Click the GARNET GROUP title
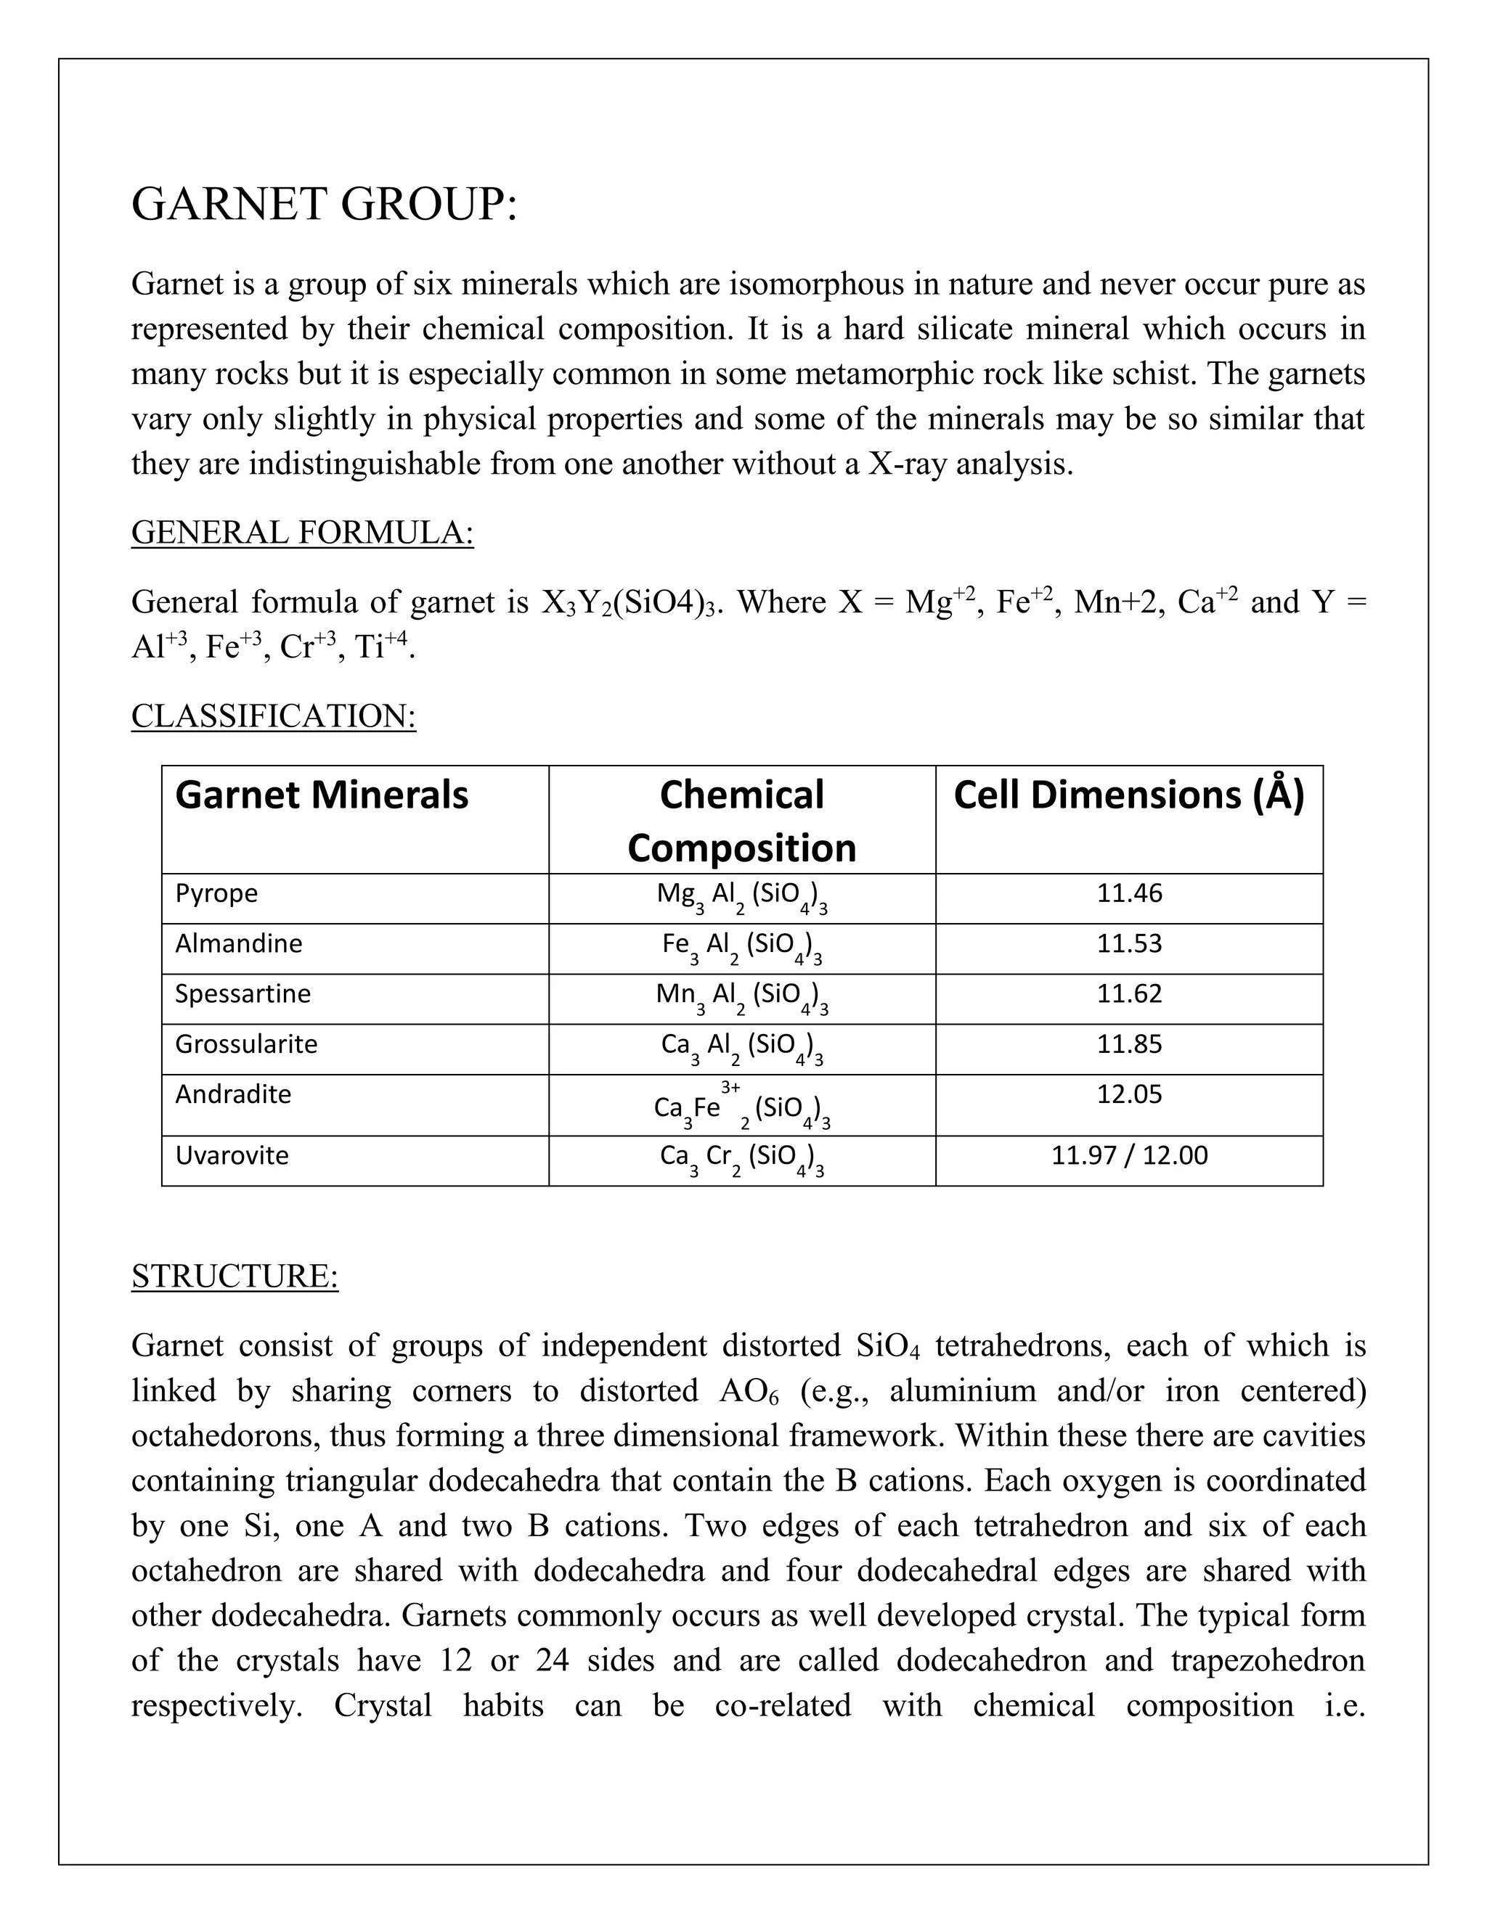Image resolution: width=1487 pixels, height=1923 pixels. (x=324, y=205)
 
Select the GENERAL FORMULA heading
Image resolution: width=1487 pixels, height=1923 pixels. (x=302, y=533)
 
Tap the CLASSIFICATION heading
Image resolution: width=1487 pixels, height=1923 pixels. (x=273, y=716)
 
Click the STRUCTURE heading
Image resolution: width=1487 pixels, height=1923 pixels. (x=235, y=1276)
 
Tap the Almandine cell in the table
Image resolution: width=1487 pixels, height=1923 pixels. (x=239, y=943)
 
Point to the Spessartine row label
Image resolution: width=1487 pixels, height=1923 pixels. (x=243, y=993)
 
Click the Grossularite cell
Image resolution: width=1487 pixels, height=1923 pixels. (x=246, y=1043)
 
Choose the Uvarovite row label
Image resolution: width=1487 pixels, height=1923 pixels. (x=232, y=1155)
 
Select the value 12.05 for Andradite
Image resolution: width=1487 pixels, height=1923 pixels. (x=1129, y=1094)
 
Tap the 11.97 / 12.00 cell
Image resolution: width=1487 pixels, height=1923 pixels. (x=1129, y=1155)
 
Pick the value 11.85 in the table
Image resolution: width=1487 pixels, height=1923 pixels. (x=1129, y=1043)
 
